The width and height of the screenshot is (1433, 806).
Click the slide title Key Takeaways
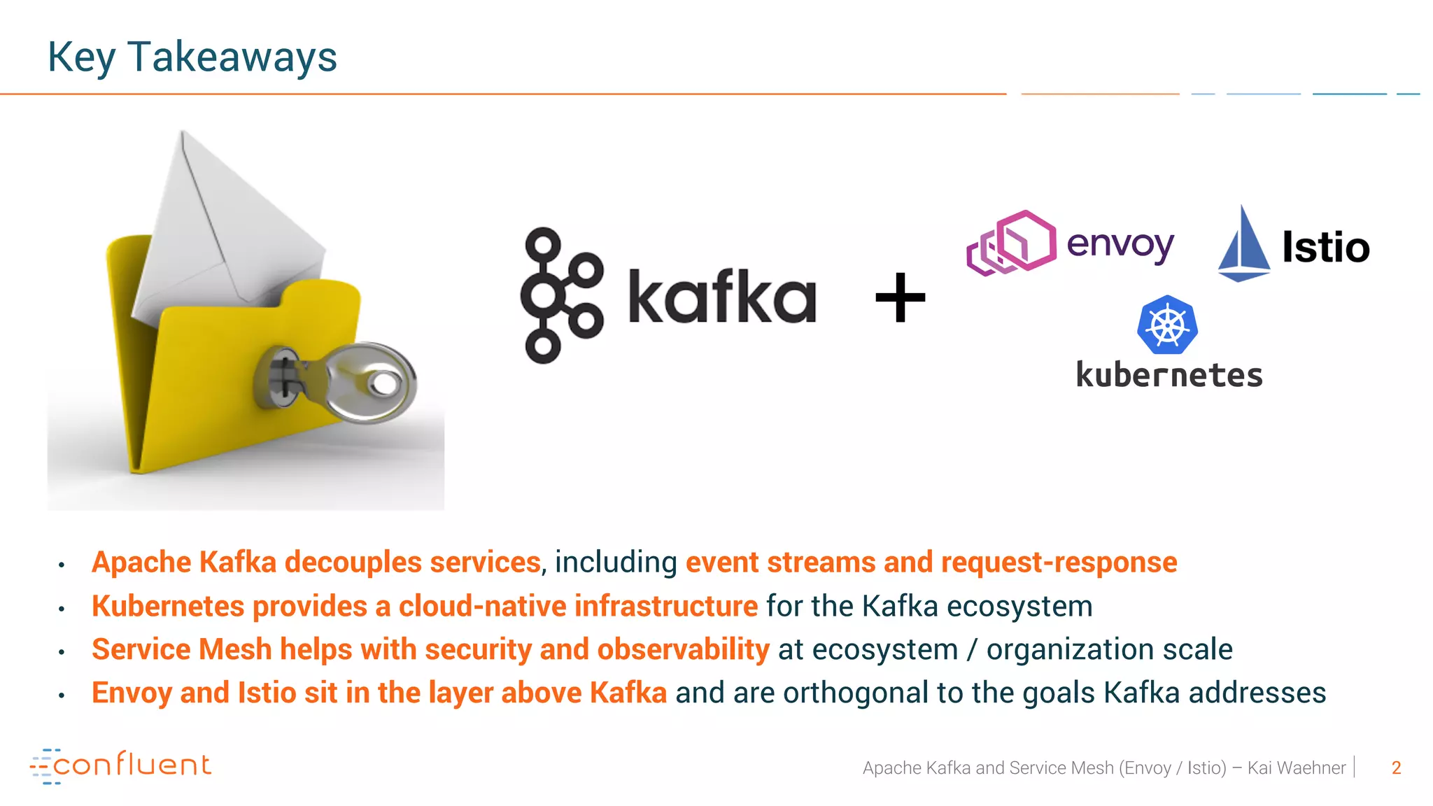coord(192,57)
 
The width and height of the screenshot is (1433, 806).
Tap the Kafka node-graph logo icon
coord(560,295)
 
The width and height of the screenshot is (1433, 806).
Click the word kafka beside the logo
coord(722,297)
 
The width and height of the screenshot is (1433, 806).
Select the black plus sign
coord(901,298)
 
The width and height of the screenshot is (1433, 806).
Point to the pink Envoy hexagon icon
coord(1012,242)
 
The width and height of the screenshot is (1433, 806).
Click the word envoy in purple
coord(1120,245)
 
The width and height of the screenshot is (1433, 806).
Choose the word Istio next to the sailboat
coord(1325,248)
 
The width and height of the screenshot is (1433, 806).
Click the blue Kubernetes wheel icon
coord(1167,325)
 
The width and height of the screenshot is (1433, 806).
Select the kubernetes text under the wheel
coord(1169,376)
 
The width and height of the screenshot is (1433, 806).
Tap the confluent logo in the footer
coord(120,765)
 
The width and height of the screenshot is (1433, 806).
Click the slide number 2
coord(1396,768)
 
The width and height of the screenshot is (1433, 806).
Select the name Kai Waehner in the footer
coord(1296,768)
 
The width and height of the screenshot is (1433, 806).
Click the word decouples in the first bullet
coord(353,563)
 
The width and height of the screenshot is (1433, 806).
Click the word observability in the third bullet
coord(683,650)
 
